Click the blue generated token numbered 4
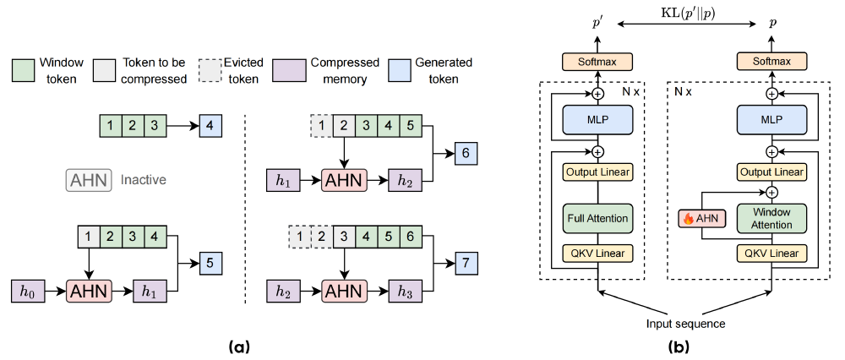point(211,128)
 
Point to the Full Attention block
point(597,218)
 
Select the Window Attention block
point(771,218)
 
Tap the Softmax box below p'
point(597,62)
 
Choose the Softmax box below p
point(771,62)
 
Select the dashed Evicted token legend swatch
point(210,69)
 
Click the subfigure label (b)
point(684,346)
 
